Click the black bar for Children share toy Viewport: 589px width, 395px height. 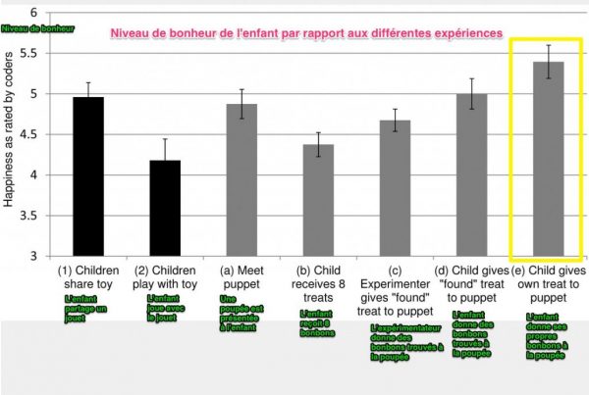(88, 176)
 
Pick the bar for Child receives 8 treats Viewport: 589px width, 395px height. (318, 200)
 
